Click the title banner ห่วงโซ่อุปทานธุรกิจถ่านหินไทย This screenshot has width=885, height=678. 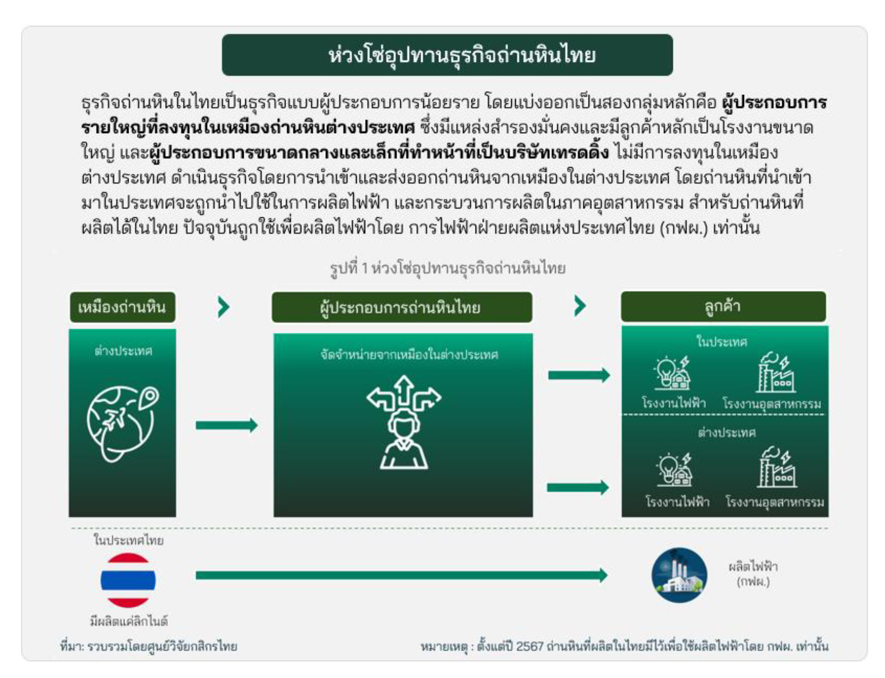pyautogui.click(x=447, y=55)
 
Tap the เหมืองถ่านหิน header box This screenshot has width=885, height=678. pyautogui.click(x=122, y=308)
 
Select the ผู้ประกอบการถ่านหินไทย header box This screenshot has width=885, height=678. pyautogui.click(x=402, y=308)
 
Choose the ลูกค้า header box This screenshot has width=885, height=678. pyautogui.click(x=723, y=306)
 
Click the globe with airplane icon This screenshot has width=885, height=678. pyautogui.click(x=122, y=423)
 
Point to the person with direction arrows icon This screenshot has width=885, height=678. pyautogui.click(x=404, y=422)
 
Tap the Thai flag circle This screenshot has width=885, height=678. pyautogui.click(x=128, y=580)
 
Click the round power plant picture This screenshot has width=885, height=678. pyautogui.click(x=679, y=575)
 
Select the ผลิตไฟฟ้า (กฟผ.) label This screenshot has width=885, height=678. pyautogui.click(x=753, y=574)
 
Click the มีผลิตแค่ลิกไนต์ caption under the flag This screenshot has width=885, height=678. pyautogui.click(x=129, y=621)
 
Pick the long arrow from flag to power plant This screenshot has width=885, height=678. pyautogui.click(x=402, y=575)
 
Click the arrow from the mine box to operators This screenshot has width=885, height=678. pyautogui.click(x=227, y=425)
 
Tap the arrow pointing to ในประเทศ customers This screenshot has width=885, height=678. pyautogui.click(x=579, y=375)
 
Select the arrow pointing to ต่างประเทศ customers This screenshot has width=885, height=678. pyautogui.click(x=578, y=488)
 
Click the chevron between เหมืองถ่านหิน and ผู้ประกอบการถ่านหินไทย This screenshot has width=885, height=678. pyautogui.click(x=224, y=307)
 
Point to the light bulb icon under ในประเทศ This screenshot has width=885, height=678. pyautogui.click(x=672, y=373)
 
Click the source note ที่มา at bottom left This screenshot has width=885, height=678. pyautogui.click(x=148, y=647)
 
